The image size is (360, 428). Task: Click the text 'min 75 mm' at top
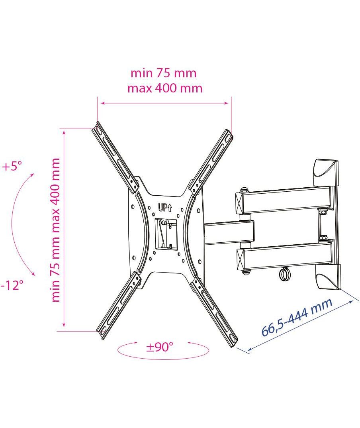163,73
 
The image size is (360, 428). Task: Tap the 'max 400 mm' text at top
165,88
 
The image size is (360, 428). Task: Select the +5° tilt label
12,166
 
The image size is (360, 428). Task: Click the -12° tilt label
12,285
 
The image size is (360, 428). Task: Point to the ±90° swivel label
160,347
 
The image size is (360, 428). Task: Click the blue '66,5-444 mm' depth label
297,317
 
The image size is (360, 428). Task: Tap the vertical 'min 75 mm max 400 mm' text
56,230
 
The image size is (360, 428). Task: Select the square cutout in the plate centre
166,234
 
